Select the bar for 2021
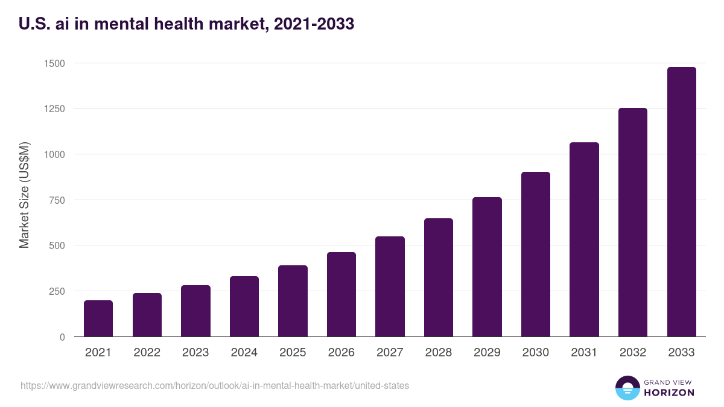pyautogui.click(x=98, y=318)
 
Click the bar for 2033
pyautogui.click(x=681, y=202)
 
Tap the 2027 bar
pyautogui.click(x=390, y=286)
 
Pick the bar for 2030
pyautogui.click(x=536, y=254)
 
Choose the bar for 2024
pyautogui.click(x=244, y=306)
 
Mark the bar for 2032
pyautogui.click(x=633, y=222)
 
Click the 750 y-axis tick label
pyautogui.click(x=56, y=200)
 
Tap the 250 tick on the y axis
pyautogui.click(x=56, y=291)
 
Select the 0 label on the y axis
pyautogui.click(x=63, y=337)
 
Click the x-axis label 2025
pyautogui.click(x=293, y=353)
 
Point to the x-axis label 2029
pyautogui.click(x=487, y=353)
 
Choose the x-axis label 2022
pyautogui.click(x=147, y=353)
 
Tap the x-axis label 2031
pyautogui.click(x=584, y=353)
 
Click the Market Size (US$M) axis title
pyautogui.click(x=24, y=194)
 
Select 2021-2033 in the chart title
pyautogui.click(x=314, y=25)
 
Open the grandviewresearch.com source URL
pyautogui.click(x=215, y=385)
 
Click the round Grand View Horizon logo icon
pyautogui.click(x=627, y=388)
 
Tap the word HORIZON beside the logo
pyautogui.click(x=669, y=393)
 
